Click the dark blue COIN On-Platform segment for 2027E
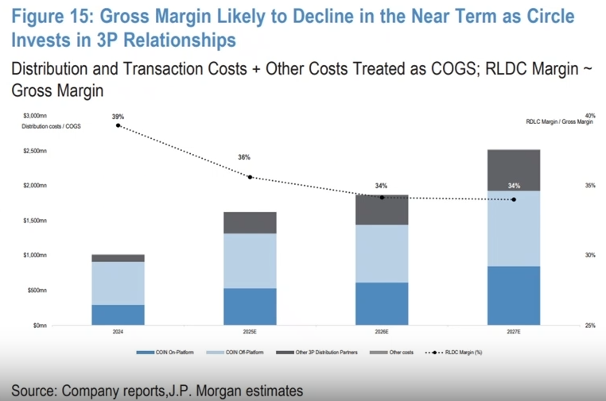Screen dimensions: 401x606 click(514, 295)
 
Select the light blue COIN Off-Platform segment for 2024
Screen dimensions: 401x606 click(118, 283)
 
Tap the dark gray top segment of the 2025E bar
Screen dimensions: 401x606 click(250, 222)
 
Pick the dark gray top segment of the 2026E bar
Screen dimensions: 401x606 click(382, 210)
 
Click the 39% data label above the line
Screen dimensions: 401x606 click(118, 117)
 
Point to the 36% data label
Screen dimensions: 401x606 click(244, 157)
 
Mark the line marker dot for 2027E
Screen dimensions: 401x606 click(514, 199)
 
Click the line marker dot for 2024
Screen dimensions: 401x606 click(118, 125)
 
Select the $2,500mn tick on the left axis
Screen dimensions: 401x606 click(34, 150)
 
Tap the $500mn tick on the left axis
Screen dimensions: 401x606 click(36, 290)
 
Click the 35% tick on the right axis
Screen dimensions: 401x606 click(589, 185)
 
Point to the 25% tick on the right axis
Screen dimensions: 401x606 click(589, 325)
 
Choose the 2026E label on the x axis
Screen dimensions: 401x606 click(382, 331)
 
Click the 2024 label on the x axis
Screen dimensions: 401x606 click(118, 331)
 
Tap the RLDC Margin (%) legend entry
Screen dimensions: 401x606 click(456, 352)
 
